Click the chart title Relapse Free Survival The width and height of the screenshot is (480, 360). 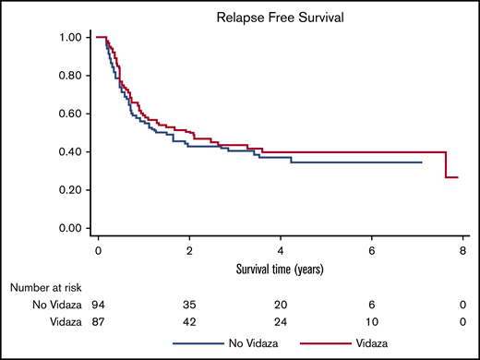point(274,17)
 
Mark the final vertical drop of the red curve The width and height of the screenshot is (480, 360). point(447,164)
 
